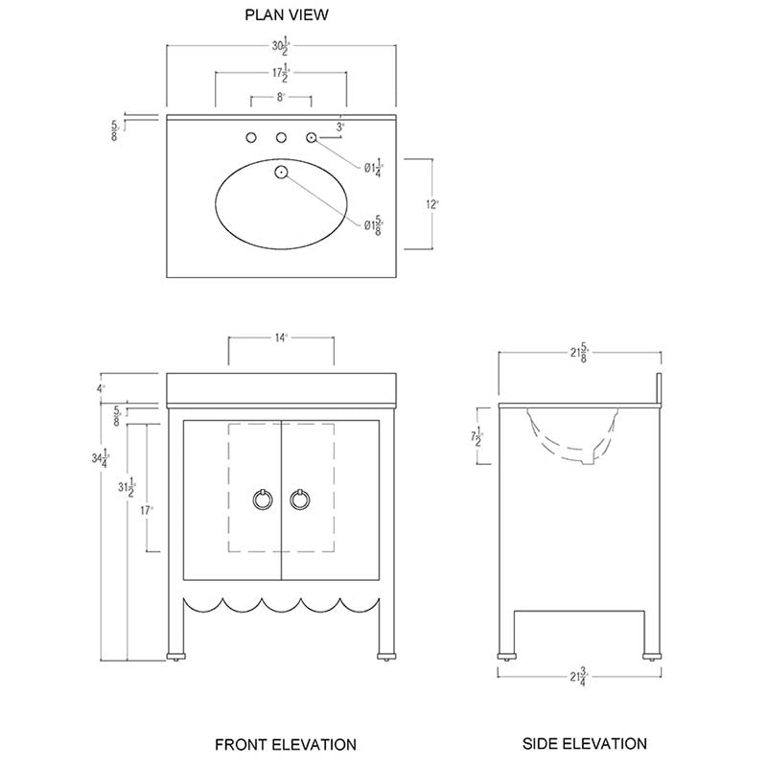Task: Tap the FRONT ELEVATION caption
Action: coord(285,744)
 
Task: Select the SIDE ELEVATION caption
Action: coord(584,743)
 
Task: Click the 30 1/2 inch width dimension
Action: coord(281,46)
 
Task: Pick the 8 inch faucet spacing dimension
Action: coord(281,98)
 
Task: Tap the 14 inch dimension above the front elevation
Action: coord(281,338)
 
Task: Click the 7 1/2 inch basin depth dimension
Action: coord(476,439)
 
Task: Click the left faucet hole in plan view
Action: coord(251,138)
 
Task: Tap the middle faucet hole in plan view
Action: coord(282,138)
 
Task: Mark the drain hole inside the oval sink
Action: coord(282,173)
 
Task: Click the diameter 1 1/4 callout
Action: coord(372,169)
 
